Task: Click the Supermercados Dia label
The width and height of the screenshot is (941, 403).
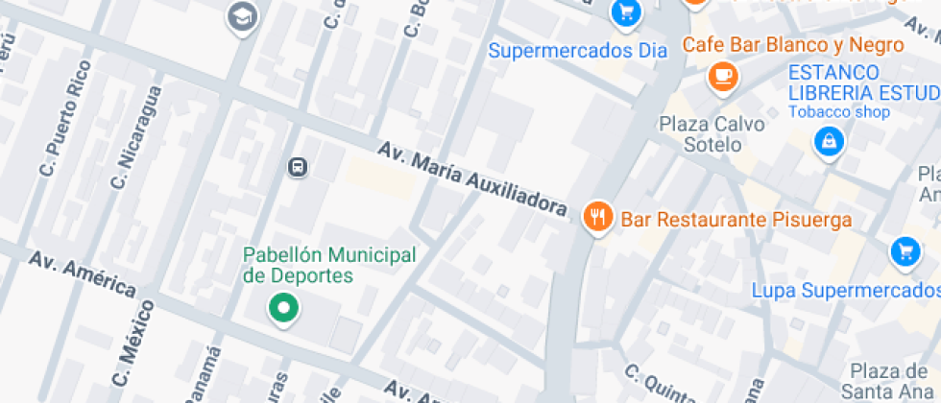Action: [577, 50]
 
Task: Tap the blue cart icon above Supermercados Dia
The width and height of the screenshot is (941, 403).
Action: [626, 12]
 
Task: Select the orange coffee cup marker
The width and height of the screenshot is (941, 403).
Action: [722, 75]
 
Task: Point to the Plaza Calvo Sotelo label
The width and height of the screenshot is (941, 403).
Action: [712, 134]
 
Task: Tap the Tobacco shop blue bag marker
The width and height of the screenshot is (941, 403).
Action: [827, 143]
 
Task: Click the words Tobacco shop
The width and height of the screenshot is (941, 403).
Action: [839, 112]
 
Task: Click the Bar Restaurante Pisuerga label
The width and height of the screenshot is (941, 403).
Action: [736, 220]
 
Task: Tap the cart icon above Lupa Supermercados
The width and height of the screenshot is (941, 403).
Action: [905, 251]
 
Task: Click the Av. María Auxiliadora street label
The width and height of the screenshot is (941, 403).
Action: [471, 178]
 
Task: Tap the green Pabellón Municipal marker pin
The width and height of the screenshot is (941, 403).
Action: [283, 309]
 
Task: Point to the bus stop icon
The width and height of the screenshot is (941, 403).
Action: [298, 167]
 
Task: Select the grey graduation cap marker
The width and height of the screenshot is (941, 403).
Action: [242, 15]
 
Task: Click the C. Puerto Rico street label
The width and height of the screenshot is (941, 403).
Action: [65, 118]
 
